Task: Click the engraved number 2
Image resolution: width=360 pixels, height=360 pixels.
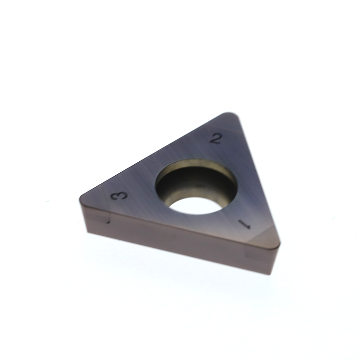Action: (x=216, y=139)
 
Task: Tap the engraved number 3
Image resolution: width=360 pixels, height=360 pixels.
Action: (x=119, y=195)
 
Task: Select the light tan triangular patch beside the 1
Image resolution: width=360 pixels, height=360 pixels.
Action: (x=264, y=237)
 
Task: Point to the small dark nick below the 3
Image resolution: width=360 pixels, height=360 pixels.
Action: (x=108, y=222)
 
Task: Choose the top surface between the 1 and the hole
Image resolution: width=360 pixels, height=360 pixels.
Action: (x=235, y=211)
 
